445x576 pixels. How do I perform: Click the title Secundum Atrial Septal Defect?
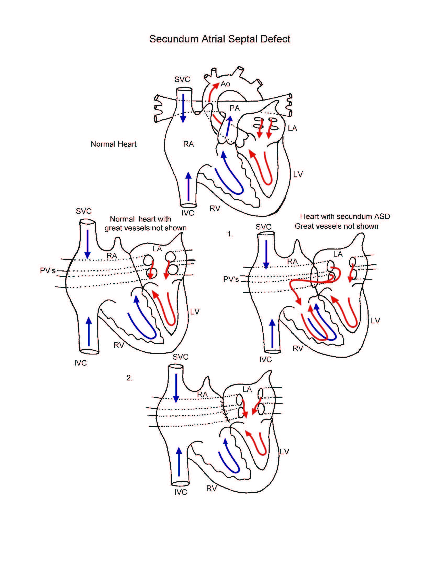click(x=220, y=39)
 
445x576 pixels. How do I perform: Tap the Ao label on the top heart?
click(x=225, y=84)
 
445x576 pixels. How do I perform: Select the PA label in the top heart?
click(x=234, y=108)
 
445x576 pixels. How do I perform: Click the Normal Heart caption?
click(x=114, y=144)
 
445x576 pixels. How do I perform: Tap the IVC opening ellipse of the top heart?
click(x=188, y=205)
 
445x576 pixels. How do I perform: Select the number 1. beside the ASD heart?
click(x=230, y=234)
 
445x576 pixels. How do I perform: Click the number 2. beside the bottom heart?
click(x=129, y=378)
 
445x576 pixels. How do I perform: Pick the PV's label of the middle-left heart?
click(x=48, y=270)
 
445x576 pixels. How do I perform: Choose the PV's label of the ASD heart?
click(x=231, y=279)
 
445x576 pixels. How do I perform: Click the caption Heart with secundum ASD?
click(x=345, y=217)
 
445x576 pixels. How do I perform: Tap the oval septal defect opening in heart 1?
click(x=314, y=277)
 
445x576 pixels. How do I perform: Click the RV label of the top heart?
click(x=215, y=209)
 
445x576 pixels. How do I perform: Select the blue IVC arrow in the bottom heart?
click(x=179, y=461)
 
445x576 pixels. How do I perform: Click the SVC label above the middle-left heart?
click(x=84, y=211)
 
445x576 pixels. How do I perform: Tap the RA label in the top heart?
click(x=188, y=144)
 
